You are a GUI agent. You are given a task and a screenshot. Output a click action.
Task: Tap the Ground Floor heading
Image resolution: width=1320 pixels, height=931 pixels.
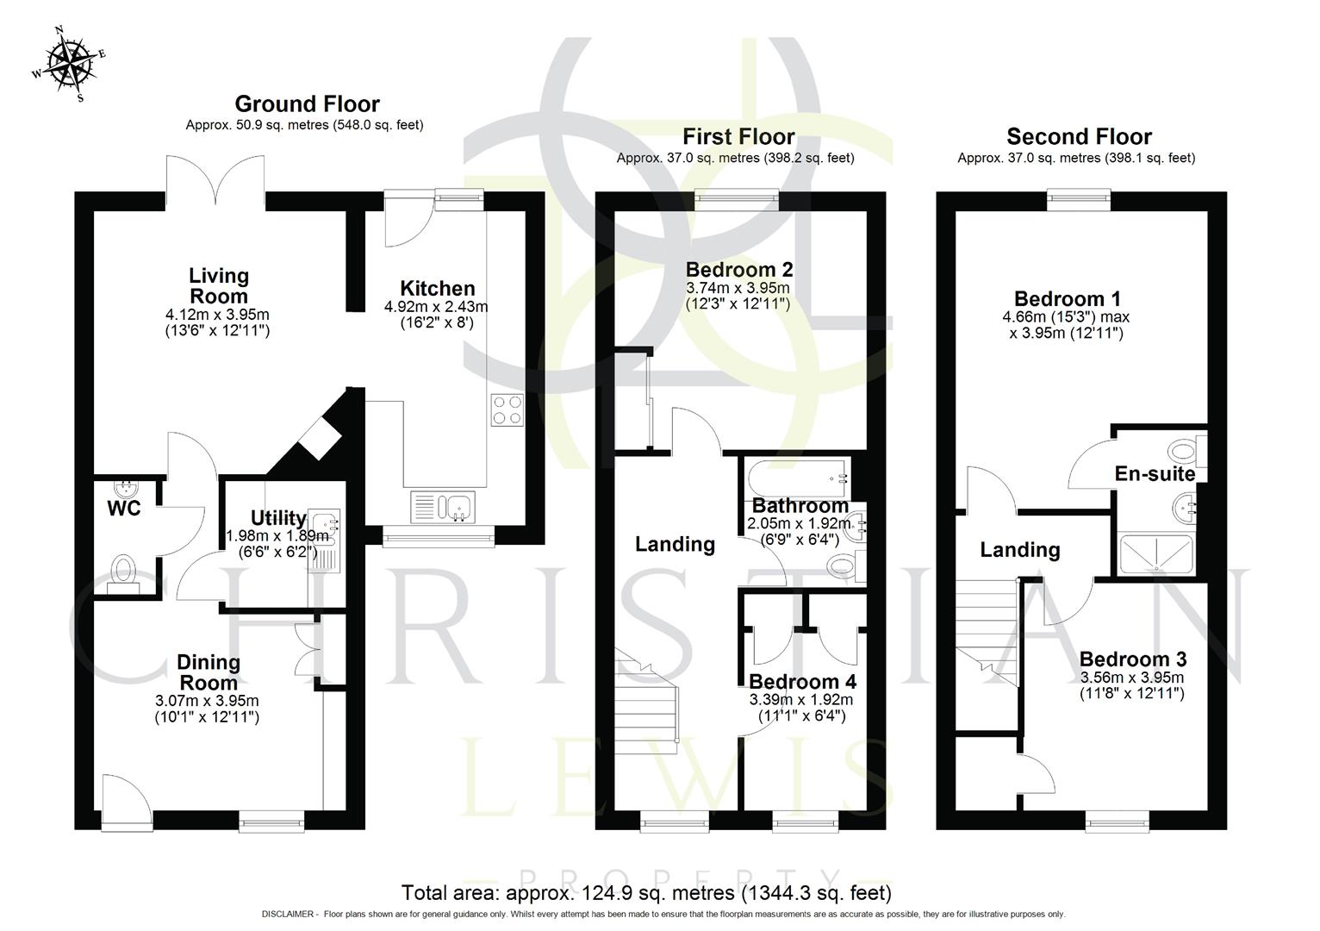tap(307, 104)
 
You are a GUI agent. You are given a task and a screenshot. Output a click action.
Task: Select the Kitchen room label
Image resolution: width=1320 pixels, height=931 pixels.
tap(437, 289)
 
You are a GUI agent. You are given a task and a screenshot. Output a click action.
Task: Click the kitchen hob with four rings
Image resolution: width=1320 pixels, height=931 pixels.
tap(507, 410)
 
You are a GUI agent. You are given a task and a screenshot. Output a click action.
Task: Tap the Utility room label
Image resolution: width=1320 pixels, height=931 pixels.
tap(277, 518)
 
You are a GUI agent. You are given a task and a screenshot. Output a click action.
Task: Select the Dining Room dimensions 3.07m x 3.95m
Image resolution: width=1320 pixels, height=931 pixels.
tap(207, 701)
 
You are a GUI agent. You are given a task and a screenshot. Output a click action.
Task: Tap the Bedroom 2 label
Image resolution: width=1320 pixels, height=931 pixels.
tap(738, 270)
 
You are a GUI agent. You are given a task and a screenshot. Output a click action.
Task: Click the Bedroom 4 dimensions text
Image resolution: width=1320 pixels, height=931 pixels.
tap(801, 708)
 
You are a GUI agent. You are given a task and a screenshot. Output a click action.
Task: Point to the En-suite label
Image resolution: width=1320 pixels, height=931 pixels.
tap(1154, 473)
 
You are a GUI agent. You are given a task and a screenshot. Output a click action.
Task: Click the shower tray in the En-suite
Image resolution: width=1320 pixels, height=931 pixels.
tap(1155, 555)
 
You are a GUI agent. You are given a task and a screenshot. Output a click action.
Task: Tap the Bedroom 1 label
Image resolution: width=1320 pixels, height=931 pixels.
tap(1067, 299)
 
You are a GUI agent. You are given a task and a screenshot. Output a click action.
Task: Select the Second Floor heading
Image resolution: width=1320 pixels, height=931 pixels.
tap(1079, 137)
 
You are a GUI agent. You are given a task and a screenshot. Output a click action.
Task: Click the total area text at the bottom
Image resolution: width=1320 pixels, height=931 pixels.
tap(646, 893)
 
